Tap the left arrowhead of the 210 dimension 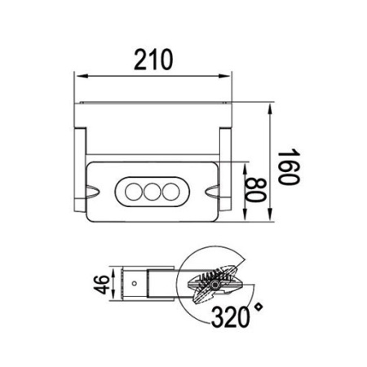(79, 77)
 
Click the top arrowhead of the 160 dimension (269, 108)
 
